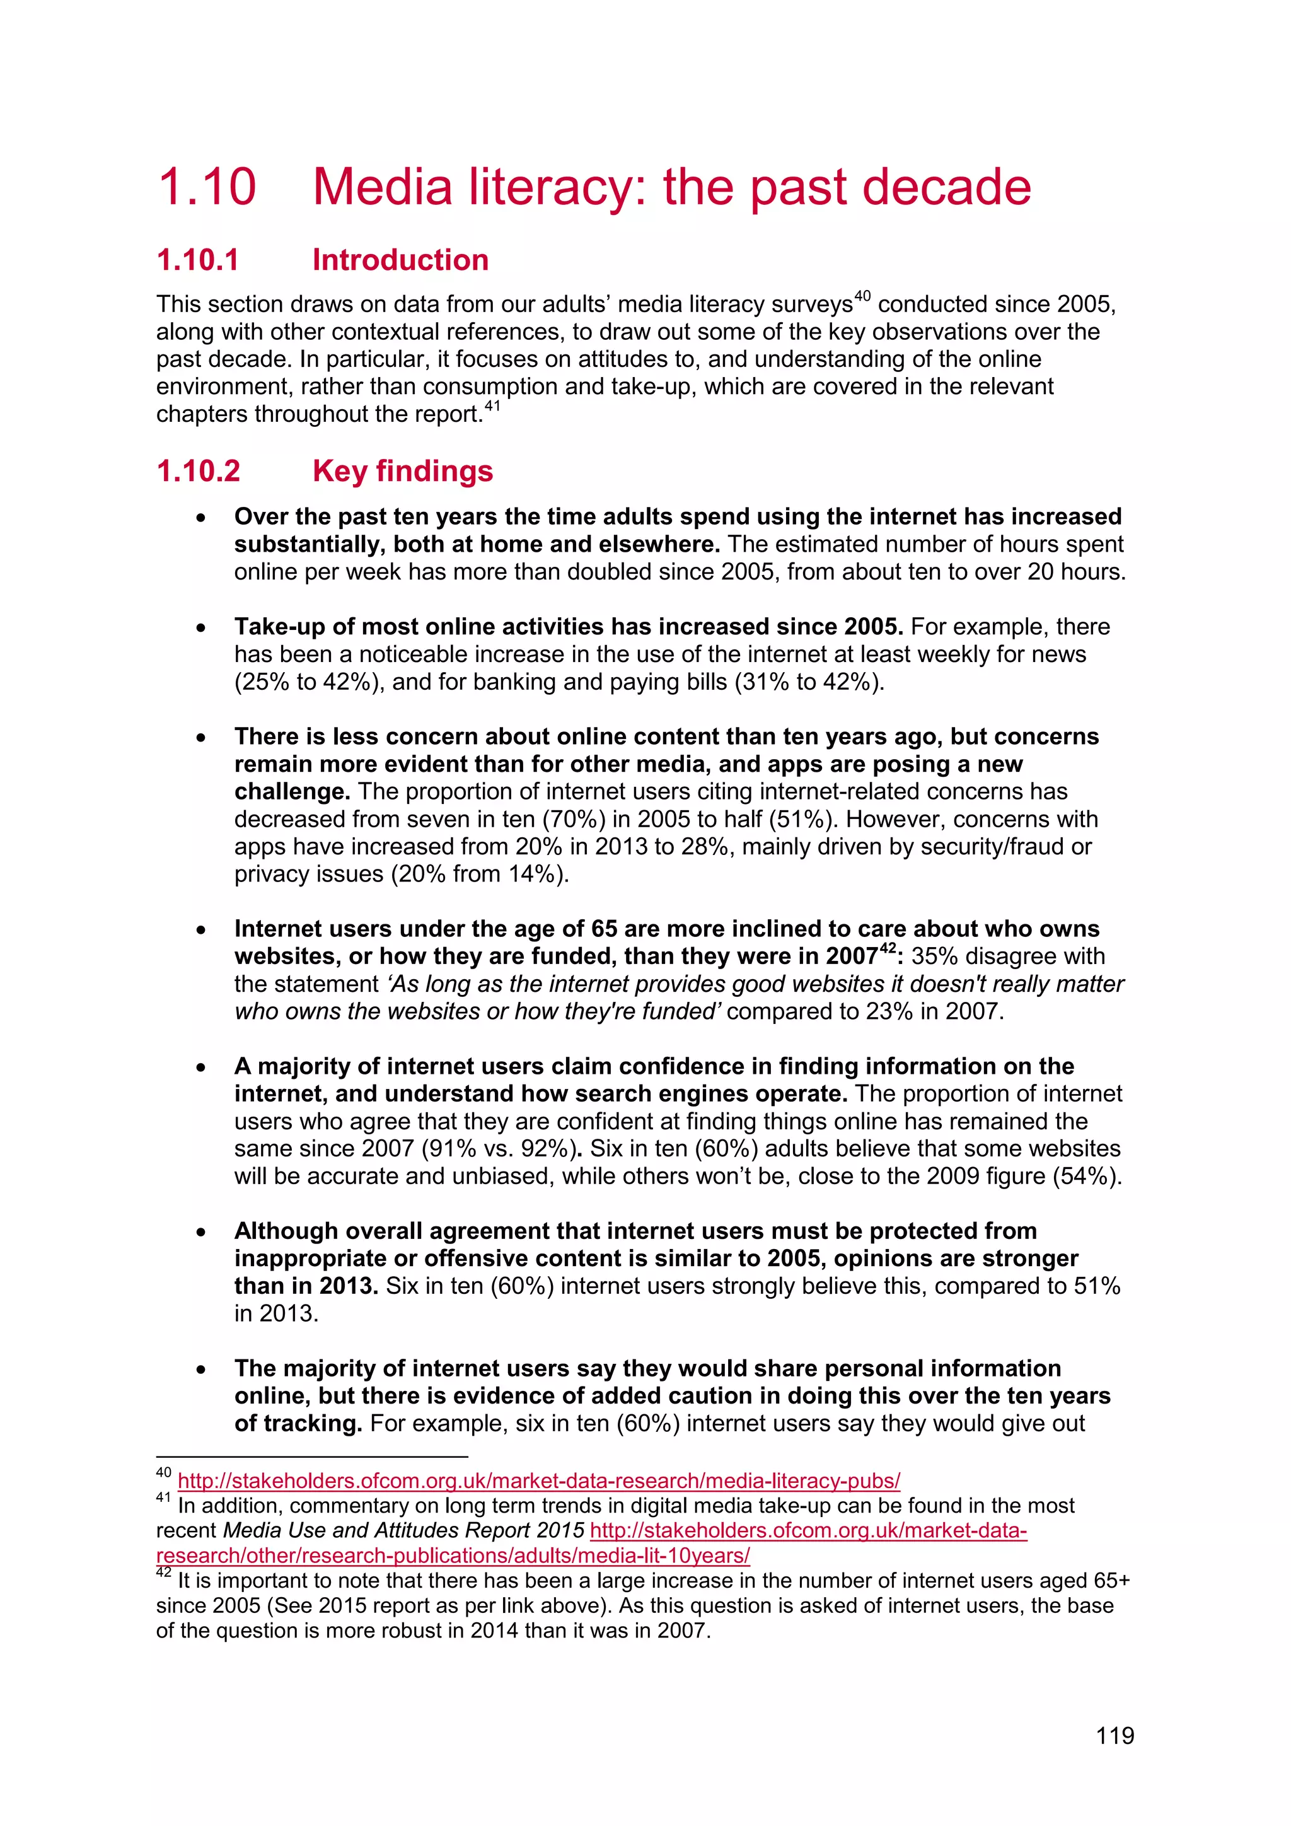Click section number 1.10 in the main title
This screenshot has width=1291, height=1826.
point(207,188)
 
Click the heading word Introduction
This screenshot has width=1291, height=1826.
point(400,260)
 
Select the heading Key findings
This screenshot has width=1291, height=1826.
point(402,471)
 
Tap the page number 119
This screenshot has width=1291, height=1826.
point(1114,1735)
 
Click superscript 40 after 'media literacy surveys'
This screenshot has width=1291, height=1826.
point(862,296)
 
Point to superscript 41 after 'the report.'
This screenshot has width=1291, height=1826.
point(493,407)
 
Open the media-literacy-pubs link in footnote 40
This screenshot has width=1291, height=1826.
point(538,1481)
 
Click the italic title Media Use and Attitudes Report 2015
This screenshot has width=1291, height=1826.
point(403,1530)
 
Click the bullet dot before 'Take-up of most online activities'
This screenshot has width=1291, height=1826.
point(202,628)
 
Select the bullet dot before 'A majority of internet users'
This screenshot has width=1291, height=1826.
point(202,1068)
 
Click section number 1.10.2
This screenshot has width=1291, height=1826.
point(198,471)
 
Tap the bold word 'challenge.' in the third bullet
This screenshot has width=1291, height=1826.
point(292,792)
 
